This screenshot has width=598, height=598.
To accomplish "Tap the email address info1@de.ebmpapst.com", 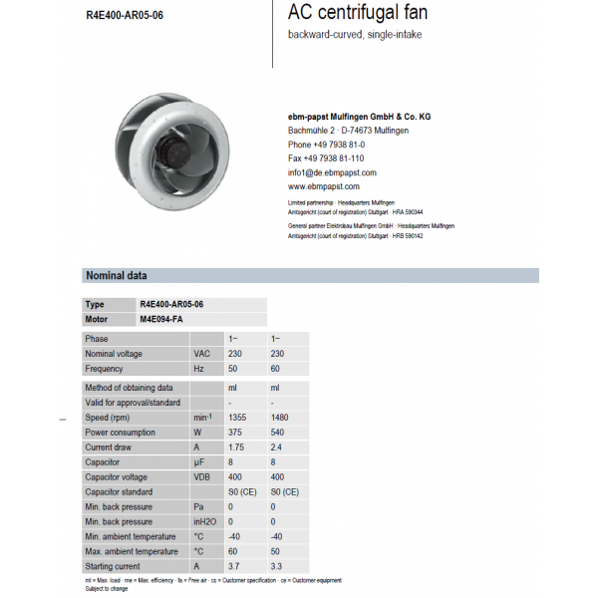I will click(x=332, y=172).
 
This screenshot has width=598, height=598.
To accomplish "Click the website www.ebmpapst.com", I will click(x=324, y=186).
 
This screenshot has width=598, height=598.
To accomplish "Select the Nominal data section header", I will click(x=118, y=276).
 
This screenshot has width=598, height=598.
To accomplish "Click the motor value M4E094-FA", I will click(x=161, y=320).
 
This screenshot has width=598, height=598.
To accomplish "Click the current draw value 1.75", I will click(x=237, y=448).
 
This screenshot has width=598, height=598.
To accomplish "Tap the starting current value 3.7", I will click(x=234, y=566).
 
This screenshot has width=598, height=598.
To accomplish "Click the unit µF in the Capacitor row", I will click(x=199, y=462).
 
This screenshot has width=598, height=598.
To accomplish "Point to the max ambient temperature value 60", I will click(x=233, y=551).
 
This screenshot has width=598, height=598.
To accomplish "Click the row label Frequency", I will click(x=105, y=369).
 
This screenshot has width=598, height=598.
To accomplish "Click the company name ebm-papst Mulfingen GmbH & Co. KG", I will click(x=359, y=117).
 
